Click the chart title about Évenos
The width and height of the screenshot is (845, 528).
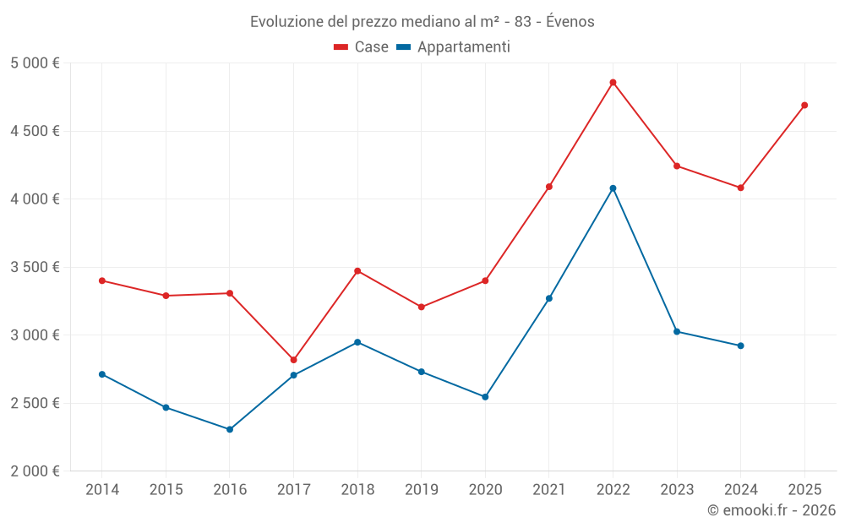coord(422,21)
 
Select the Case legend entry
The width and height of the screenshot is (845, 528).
coord(362,47)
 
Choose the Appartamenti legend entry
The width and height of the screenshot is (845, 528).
coord(454,47)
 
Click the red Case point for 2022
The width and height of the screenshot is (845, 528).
coord(613,83)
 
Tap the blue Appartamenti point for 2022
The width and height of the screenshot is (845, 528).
coord(613,188)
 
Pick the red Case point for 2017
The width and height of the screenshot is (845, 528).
coord(293,360)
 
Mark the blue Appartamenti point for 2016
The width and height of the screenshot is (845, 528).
coord(230,429)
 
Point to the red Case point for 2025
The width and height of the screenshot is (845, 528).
coord(804,106)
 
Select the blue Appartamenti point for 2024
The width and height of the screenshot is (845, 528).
coord(740,346)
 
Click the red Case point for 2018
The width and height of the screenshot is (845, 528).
coord(357,271)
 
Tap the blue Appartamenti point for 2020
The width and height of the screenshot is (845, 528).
coord(485,396)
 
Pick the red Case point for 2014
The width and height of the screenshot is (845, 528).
coord(102,280)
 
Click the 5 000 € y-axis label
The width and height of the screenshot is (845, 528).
coord(35,63)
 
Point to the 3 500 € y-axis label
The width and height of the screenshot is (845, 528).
coord(35,267)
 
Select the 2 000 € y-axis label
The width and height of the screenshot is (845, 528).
coord(35,471)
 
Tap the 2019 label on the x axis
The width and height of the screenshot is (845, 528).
coord(421,490)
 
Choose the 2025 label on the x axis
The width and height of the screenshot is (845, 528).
coord(804,490)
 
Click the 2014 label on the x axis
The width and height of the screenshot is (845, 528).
coord(102,490)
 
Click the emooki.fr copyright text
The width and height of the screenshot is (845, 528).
coord(771,510)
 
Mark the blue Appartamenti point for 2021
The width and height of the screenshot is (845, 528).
coord(549,298)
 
